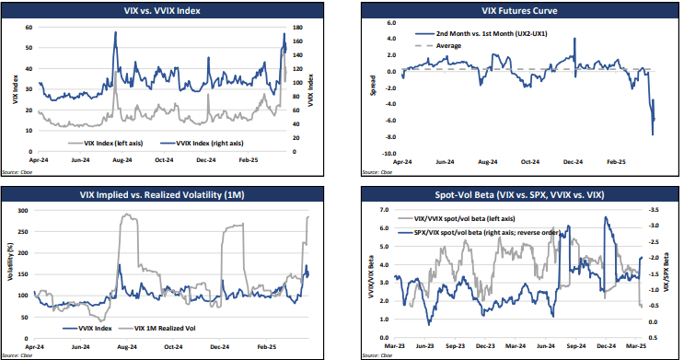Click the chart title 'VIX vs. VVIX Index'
pyautogui.click(x=163, y=12)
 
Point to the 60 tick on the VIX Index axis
pyautogui.click(x=29, y=29)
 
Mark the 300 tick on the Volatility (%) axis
pyautogui.click(x=26, y=211)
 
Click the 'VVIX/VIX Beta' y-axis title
pyautogui.click(x=372, y=273)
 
